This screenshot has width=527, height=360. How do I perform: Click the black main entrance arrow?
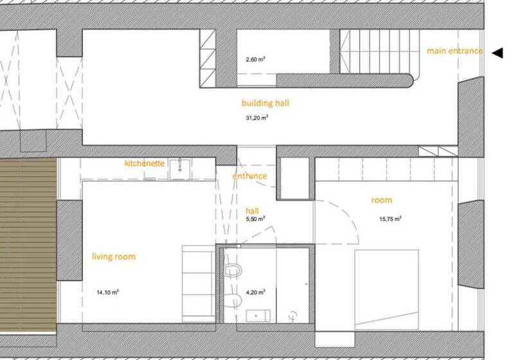click(x=498, y=53)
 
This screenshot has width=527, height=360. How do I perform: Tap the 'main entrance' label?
click(x=455, y=51)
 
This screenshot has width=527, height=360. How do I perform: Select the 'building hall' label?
click(x=265, y=103)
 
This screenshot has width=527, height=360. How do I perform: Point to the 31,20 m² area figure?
click(x=257, y=118)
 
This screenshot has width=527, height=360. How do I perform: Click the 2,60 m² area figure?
click(x=255, y=60)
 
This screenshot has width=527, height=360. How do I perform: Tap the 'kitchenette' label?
click(x=145, y=163)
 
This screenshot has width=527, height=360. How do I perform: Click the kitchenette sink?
click(x=180, y=170)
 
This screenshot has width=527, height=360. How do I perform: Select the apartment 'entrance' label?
click(x=250, y=175)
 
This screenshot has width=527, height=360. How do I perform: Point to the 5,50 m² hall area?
click(x=255, y=219)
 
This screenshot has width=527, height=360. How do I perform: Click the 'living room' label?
click(x=114, y=256)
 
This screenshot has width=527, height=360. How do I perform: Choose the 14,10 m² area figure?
click(x=107, y=292)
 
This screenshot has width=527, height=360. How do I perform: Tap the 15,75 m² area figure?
click(x=390, y=219)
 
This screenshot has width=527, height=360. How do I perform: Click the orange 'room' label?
click(x=382, y=200)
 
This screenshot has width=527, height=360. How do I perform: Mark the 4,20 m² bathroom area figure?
click(x=255, y=292)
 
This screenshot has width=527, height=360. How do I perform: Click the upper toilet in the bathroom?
click(x=233, y=270)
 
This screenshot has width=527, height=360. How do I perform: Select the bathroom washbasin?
click(x=258, y=316)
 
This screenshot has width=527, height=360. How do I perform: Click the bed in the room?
click(x=387, y=289)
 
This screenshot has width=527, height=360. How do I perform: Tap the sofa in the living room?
click(x=199, y=284)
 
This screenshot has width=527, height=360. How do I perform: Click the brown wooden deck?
click(x=28, y=245)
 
